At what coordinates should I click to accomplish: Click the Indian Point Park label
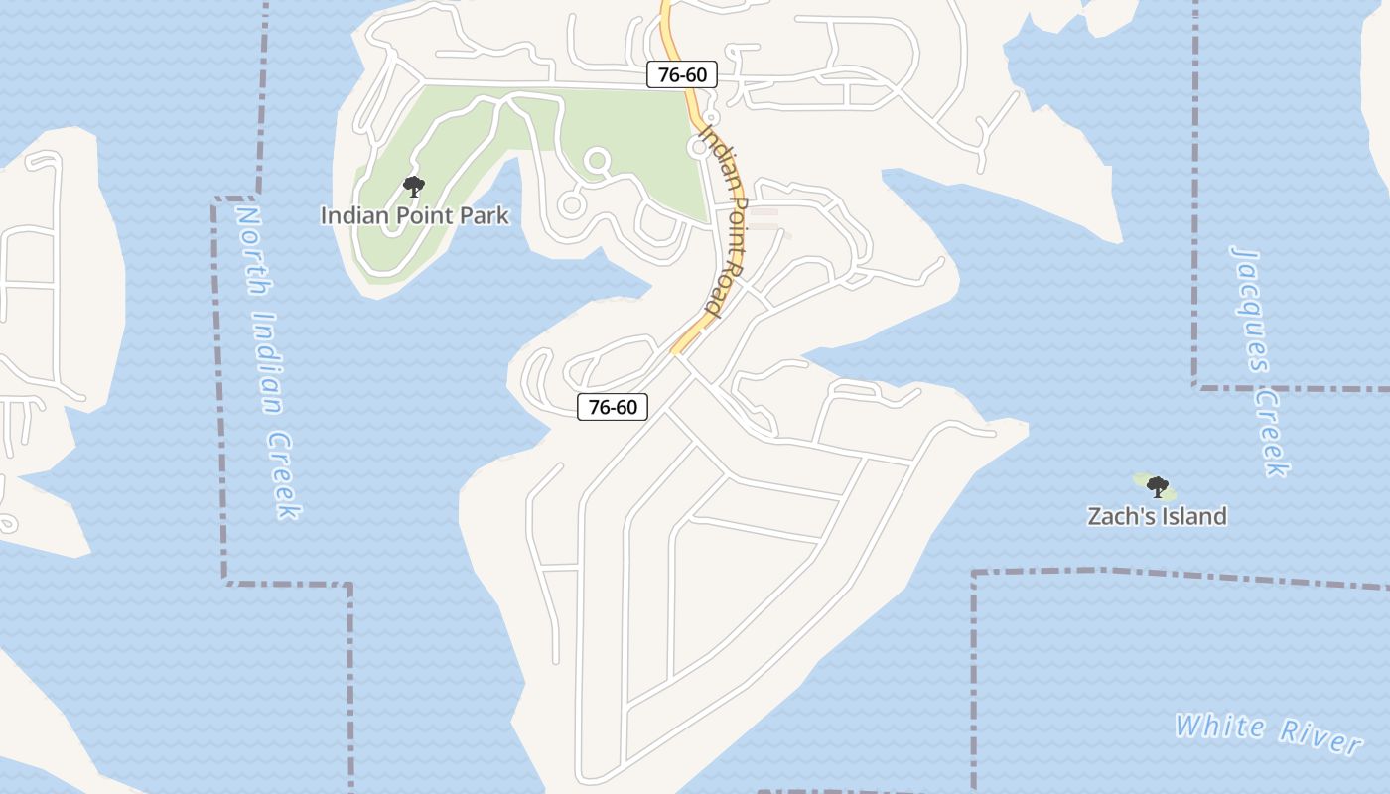pyautogui.click(x=414, y=215)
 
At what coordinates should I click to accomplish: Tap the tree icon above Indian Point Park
pyautogui.click(x=414, y=186)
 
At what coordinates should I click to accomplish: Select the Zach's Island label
pyautogui.click(x=1157, y=516)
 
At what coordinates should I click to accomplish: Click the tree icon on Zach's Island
pyautogui.click(x=1157, y=486)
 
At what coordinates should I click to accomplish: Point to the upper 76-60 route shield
pyautogui.click(x=682, y=74)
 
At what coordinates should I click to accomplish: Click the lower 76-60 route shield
pyautogui.click(x=613, y=406)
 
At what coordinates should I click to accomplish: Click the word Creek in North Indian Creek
pyautogui.click(x=283, y=475)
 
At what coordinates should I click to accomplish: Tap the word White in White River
pyautogui.click(x=1220, y=727)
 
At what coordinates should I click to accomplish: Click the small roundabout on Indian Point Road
pyautogui.click(x=699, y=147)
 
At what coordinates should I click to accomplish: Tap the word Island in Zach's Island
pyautogui.click(x=1192, y=516)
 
